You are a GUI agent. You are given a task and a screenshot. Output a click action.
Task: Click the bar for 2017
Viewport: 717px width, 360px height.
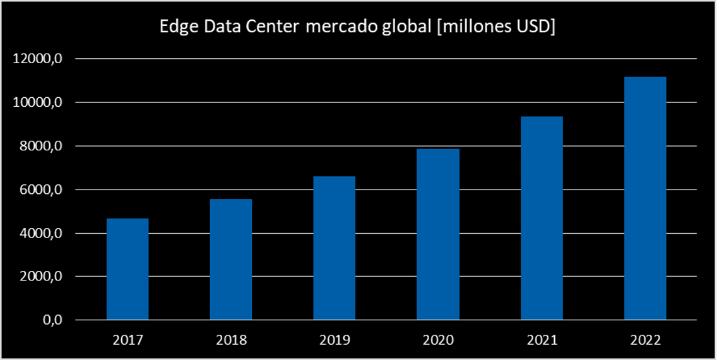coord(127,269)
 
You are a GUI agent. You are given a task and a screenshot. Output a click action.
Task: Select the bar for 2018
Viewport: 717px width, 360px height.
coord(231,260)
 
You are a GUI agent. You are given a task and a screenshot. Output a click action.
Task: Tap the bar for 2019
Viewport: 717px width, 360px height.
coord(335,248)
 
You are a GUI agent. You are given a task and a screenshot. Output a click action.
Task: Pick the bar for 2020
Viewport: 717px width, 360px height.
coord(438,234)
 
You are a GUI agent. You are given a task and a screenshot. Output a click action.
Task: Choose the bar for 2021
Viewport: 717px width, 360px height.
coord(542,219)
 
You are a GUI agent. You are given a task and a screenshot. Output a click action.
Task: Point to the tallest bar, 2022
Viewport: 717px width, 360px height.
coord(645,198)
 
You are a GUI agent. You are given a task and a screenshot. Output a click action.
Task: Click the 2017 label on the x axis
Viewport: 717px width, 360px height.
coord(127,340)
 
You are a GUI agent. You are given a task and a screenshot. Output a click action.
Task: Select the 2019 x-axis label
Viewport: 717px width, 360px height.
coord(335,340)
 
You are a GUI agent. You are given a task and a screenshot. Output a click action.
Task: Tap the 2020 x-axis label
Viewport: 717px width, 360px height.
coord(438,340)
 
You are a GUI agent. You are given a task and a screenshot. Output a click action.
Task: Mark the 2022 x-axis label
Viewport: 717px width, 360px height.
coord(645,340)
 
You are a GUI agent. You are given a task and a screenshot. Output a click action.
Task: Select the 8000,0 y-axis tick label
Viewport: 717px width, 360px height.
coord(42,147)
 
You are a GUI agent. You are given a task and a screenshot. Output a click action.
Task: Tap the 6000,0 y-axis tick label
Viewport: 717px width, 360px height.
coord(42,190)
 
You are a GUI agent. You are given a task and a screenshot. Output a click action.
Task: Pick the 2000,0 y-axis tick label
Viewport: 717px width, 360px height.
coord(42,277)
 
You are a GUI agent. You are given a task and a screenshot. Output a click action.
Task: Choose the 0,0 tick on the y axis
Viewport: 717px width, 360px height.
coord(52,320)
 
